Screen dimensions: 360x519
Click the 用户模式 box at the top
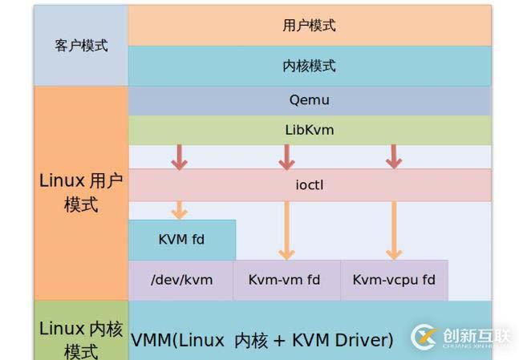point(309,25)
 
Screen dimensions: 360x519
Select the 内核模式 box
point(309,66)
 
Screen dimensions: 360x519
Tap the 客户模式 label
point(81,46)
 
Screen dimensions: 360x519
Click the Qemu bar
point(309,101)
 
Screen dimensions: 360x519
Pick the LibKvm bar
point(309,130)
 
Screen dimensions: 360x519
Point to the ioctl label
point(309,185)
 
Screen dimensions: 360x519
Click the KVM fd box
point(181,240)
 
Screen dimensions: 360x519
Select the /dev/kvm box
point(181,280)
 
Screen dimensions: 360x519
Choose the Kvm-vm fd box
point(285,280)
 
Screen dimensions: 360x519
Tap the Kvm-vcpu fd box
point(394,280)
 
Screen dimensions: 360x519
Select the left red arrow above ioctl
point(179,157)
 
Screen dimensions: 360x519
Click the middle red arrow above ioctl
point(286,157)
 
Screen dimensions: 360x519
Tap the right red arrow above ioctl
point(393,157)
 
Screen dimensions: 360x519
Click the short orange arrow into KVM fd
point(179,210)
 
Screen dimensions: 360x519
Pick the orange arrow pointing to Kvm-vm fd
point(286,230)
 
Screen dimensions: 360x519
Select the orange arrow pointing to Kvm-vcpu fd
point(393,230)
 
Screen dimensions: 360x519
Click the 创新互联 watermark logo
point(461,335)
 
